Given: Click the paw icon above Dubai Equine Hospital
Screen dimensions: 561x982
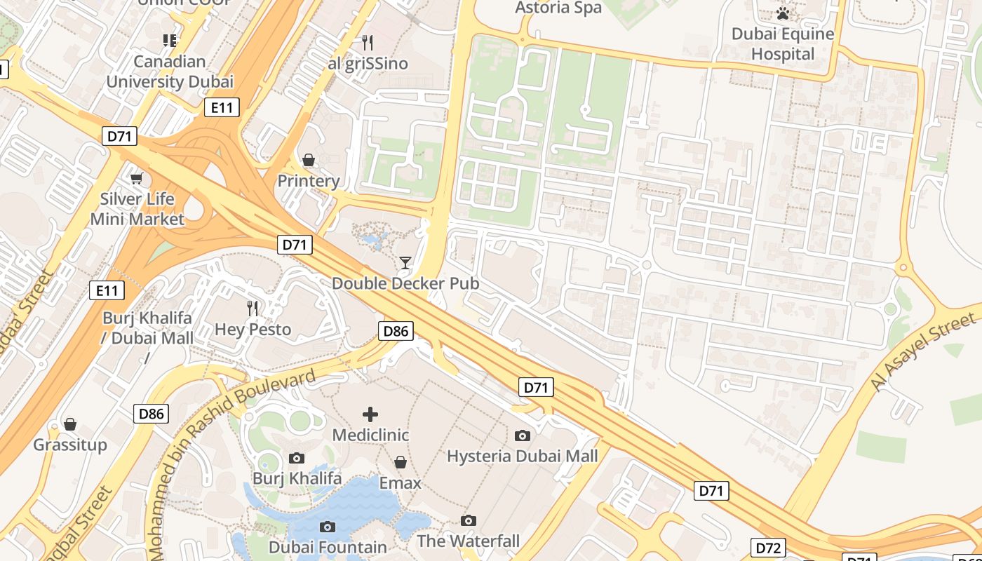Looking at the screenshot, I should click(x=783, y=13).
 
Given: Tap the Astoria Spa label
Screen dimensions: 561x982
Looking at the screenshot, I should click(x=558, y=8).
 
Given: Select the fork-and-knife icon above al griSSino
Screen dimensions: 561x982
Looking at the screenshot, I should click(x=367, y=42).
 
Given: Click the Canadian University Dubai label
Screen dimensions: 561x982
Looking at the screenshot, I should click(x=170, y=72).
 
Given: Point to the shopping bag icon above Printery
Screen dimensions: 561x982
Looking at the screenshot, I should click(x=308, y=160).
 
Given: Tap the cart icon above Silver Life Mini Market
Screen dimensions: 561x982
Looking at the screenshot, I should click(x=137, y=178).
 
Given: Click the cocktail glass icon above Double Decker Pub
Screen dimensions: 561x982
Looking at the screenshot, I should click(x=405, y=263).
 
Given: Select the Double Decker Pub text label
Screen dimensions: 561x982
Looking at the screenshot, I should click(x=405, y=283).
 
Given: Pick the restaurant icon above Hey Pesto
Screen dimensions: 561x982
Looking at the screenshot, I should click(x=253, y=308).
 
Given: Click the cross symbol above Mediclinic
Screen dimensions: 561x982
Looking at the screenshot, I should click(x=370, y=414).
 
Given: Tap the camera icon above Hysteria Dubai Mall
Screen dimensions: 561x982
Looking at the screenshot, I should click(x=522, y=435).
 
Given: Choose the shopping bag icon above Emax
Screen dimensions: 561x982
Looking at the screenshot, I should click(x=400, y=462).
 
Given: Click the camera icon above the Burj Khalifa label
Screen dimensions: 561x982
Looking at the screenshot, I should click(x=297, y=458).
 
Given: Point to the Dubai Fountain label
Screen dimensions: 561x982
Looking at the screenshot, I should click(x=328, y=547).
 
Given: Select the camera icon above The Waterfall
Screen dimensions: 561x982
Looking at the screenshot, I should click(x=468, y=520).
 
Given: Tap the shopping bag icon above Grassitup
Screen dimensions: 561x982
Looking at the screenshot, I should click(x=69, y=424).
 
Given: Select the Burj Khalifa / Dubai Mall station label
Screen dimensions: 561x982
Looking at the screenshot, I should click(x=147, y=327).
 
